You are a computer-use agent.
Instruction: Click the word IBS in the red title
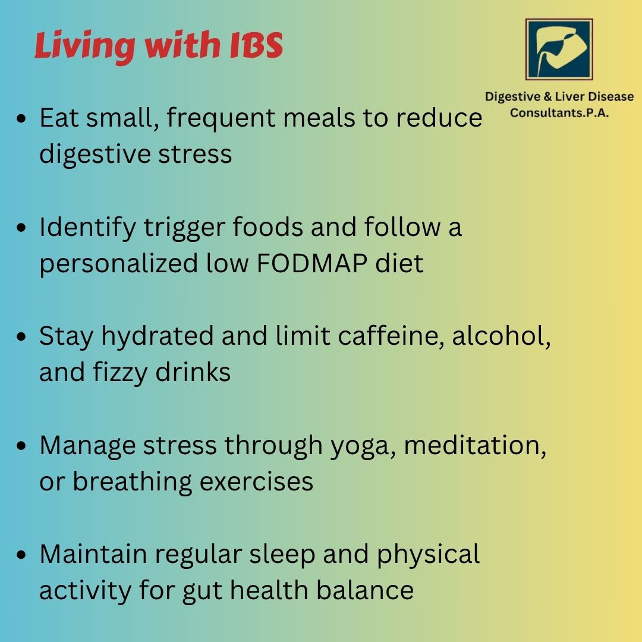[x=256, y=45]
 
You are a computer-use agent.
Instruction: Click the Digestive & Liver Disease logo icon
[x=559, y=49]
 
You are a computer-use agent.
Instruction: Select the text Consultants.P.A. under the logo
[x=559, y=112]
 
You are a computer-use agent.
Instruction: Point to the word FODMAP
[x=311, y=263]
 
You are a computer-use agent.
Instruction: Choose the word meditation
[x=475, y=445]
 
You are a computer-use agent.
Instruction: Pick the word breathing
[x=132, y=482]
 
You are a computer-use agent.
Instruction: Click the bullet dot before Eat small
[x=21, y=119]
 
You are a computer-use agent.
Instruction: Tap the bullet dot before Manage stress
[x=21, y=446]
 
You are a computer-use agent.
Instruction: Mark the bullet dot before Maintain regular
[x=21, y=556]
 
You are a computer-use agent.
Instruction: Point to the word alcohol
[x=501, y=336]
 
